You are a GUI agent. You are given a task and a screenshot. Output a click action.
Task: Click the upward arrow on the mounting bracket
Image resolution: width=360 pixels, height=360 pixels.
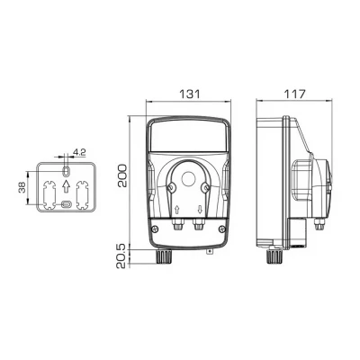point(67,187)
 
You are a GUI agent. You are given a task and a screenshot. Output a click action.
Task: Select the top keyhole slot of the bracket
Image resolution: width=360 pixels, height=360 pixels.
point(67,171)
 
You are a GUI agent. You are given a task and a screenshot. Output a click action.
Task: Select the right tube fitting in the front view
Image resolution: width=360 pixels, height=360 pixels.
point(197,229)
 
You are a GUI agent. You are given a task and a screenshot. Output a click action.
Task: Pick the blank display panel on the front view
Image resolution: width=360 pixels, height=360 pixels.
point(187,136)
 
